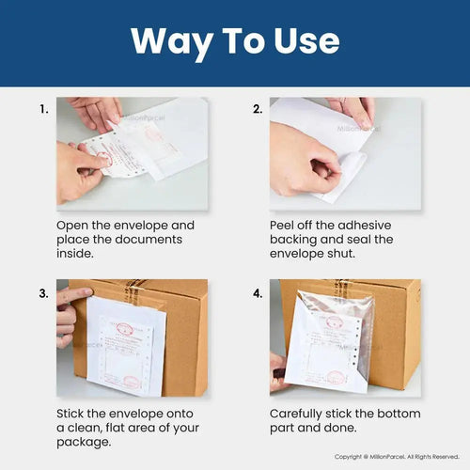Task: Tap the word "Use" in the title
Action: click(x=302, y=41)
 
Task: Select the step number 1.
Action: click(x=43, y=109)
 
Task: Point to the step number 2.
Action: click(x=258, y=109)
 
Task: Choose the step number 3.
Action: click(x=43, y=293)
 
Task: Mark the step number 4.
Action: click(x=258, y=293)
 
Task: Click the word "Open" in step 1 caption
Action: click(x=75, y=226)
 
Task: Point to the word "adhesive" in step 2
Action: click(x=361, y=226)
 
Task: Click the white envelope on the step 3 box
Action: click(x=127, y=348)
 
